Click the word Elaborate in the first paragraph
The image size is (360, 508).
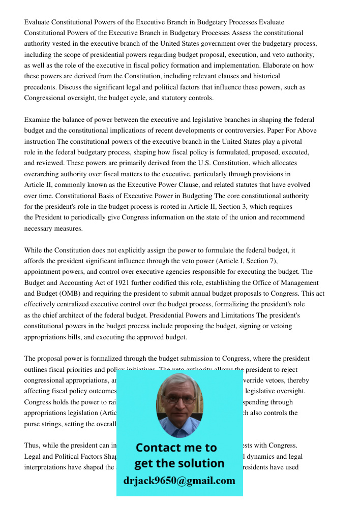tap(281, 66)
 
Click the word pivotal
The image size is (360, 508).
tap(291, 142)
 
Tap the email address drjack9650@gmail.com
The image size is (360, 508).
tap(179, 481)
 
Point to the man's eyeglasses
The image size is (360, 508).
tap(179, 398)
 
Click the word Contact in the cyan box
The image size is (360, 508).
tap(159, 448)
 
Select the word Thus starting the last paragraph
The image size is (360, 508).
tap(32, 446)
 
